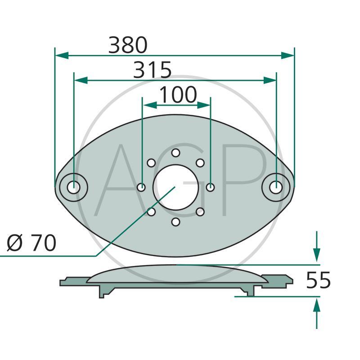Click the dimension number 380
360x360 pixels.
tap(128, 45)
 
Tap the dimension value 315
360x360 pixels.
tap(152, 70)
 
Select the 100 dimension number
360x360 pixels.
tap(178, 94)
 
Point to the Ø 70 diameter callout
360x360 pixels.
tap(31, 243)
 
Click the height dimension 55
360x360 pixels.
tap(318, 280)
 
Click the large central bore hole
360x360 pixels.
tap(175, 187)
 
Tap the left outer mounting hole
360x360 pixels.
tap(73, 187)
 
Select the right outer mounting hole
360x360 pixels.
tap(276, 187)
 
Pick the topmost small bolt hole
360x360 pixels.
tap(175, 153)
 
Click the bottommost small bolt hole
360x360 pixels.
tap(175, 222)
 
